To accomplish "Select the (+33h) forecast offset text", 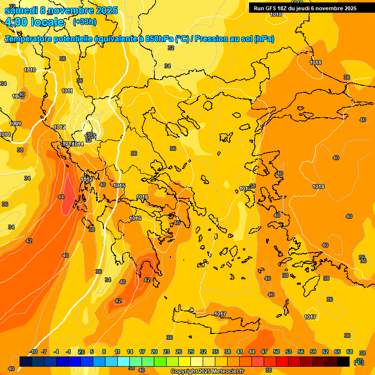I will [84, 22].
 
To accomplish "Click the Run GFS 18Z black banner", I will [305, 8].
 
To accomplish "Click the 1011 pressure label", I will [67, 91].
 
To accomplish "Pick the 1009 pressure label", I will [15, 124].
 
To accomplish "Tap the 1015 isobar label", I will [119, 186].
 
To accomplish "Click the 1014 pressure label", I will [78, 144].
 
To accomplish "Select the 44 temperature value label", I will [61, 197].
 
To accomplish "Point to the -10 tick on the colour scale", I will [33, 352].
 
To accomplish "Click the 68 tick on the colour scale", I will [350, 352].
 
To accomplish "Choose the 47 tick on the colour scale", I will [264, 352].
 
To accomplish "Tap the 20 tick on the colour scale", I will [154, 352].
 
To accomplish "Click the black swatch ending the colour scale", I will [343, 361].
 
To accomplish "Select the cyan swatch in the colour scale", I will [124, 361].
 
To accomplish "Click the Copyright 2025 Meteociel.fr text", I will [207, 372].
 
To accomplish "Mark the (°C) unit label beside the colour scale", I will [359, 362].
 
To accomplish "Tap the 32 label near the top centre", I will [171, 48].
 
